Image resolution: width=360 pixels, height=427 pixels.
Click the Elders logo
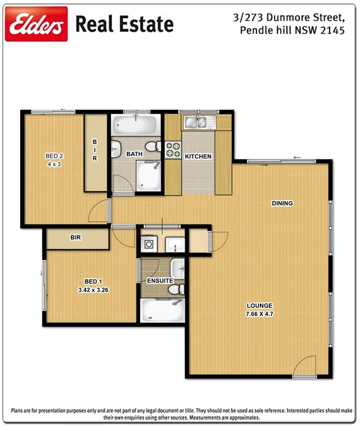coord(36,24)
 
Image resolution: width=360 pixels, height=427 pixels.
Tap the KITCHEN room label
coord(198,156)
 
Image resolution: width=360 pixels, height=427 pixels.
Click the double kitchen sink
coord(198,123)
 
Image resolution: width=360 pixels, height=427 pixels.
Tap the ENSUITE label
coord(160,280)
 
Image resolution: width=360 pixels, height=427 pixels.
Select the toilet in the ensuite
coord(175,289)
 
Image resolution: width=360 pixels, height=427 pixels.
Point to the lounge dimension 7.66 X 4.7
coord(260,314)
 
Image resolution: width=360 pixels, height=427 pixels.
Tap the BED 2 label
coord(54,156)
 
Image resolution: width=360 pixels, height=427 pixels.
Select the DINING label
coord(282,203)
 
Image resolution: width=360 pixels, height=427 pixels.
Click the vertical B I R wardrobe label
coord(95,151)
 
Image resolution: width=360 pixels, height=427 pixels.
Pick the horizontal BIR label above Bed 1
coord(75,237)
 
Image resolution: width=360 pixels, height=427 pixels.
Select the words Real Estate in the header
coord(124,24)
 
